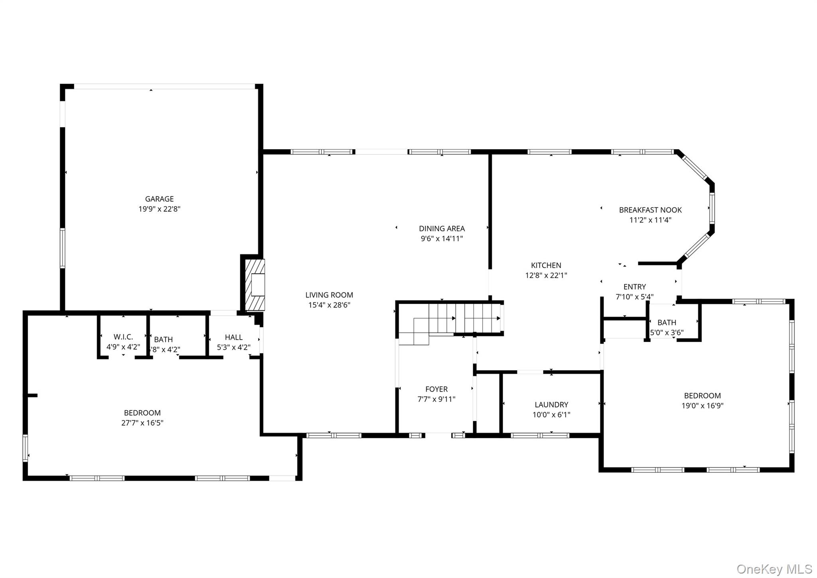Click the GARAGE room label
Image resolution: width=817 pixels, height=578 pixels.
click(159, 199)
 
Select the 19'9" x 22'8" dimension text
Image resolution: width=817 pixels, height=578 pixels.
click(159, 209)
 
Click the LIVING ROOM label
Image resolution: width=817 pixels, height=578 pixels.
click(329, 295)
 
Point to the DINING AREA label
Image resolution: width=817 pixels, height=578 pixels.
click(442, 229)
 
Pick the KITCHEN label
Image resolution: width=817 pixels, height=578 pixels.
click(546, 265)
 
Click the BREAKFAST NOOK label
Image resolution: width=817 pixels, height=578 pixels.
click(650, 210)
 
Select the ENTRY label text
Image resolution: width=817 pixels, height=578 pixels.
click(634, 287)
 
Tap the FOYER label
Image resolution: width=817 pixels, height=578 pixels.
click(436, 389)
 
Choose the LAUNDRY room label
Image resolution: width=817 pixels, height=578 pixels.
click(551, 404)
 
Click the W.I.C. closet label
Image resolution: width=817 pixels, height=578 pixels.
click(123, 337)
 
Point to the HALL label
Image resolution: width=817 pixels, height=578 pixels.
click(233, 337)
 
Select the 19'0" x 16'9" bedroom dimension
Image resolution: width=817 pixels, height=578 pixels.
click(702, 406)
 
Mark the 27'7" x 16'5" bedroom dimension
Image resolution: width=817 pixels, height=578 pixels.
click(142, 423)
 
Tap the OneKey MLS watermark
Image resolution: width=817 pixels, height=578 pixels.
click(774, 569)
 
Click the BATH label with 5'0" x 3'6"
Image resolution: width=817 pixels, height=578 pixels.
click(667, 322)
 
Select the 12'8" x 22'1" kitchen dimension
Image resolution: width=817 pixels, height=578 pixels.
click(546, 275)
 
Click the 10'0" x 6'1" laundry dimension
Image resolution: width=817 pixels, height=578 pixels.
click(551, 415)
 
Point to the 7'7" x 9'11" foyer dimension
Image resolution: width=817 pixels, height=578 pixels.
click(436, 399)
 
